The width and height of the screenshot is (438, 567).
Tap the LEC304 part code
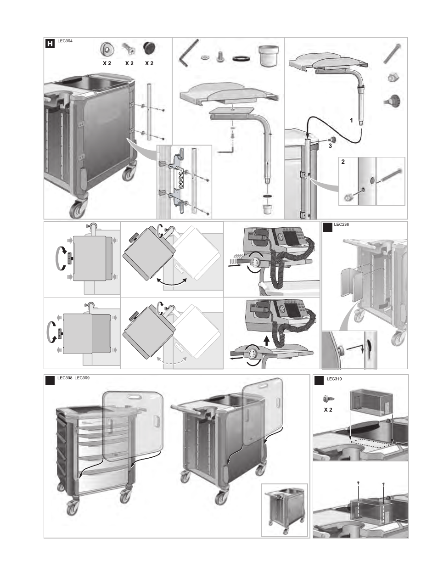65,41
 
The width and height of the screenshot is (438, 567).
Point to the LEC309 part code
82,378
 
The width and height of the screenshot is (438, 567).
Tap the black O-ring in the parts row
241,58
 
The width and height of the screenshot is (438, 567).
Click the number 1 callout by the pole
351,120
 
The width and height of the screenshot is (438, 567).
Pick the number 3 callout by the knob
329,146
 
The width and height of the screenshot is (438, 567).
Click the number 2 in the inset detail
343,162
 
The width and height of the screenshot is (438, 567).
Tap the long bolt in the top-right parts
393,53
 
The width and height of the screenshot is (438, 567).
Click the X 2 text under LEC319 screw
328,409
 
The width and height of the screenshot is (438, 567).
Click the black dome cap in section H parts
150,48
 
